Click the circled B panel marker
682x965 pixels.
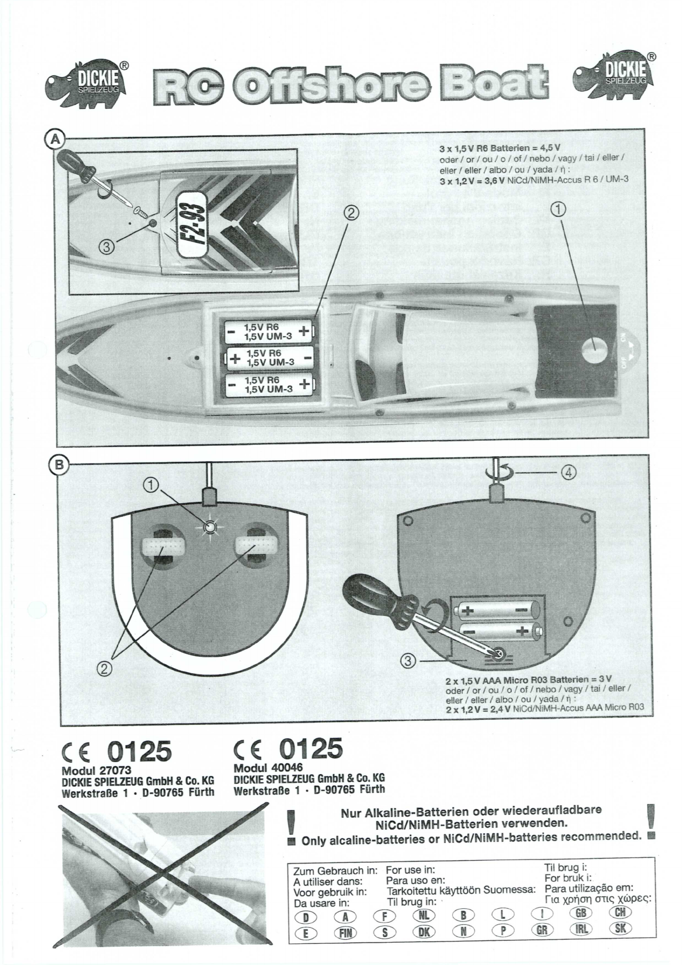pos(59,464)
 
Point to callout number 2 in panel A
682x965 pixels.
pos(350,214)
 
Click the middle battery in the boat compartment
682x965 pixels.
pos(269,358)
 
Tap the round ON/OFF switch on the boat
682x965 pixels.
pos(595,350)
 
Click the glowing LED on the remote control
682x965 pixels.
pos(210,527)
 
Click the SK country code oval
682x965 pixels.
pos(620,929)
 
